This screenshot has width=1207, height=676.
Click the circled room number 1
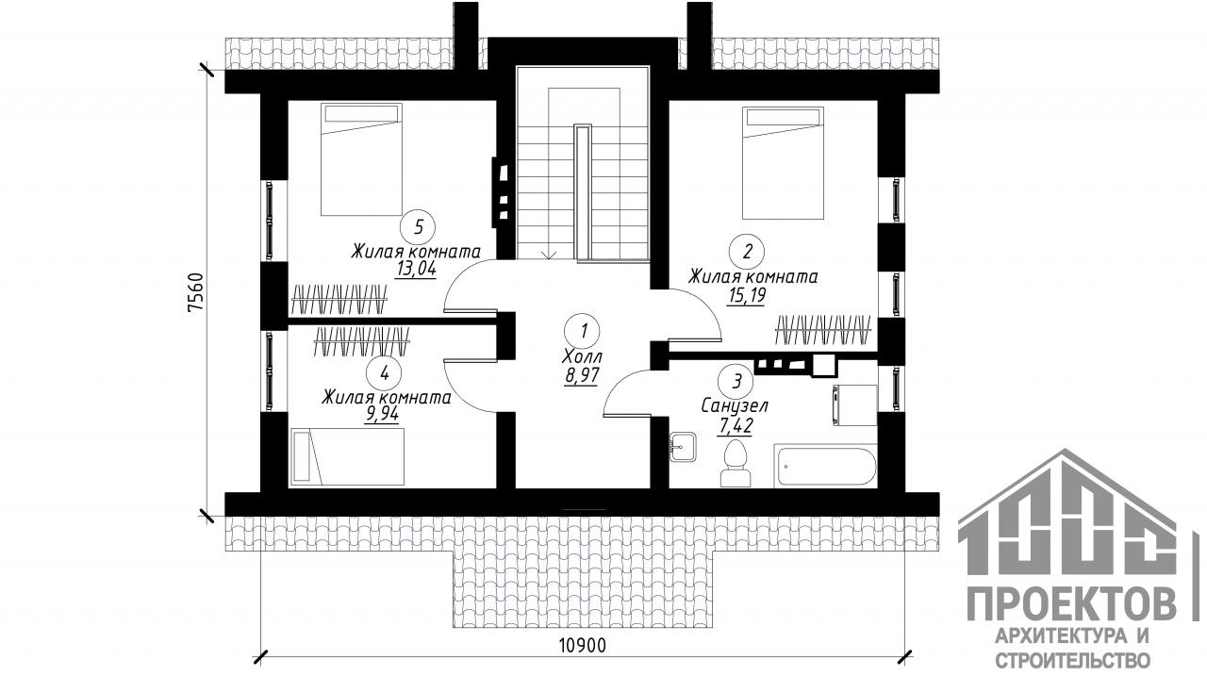point(583,330)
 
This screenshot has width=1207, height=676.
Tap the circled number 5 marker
point(418,227)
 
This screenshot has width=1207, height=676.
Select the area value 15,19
point(746,296)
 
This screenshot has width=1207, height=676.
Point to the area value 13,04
point(416,269)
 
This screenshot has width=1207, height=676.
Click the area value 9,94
point(382,414)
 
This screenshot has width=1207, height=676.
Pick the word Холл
point(583,356)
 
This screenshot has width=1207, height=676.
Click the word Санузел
point(735,405)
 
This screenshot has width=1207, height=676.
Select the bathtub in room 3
point(825,466)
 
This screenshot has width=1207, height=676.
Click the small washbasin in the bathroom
point(684,447)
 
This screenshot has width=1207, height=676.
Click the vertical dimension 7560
point(197,292)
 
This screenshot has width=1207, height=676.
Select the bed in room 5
point(361,159)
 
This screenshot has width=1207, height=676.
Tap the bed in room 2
point(783,163)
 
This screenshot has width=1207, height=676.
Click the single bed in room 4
point(348,456)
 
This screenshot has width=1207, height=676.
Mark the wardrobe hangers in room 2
point(823,330)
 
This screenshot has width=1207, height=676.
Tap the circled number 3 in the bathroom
point(736,381)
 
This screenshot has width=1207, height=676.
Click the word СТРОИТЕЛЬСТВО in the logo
point(1072,660)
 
